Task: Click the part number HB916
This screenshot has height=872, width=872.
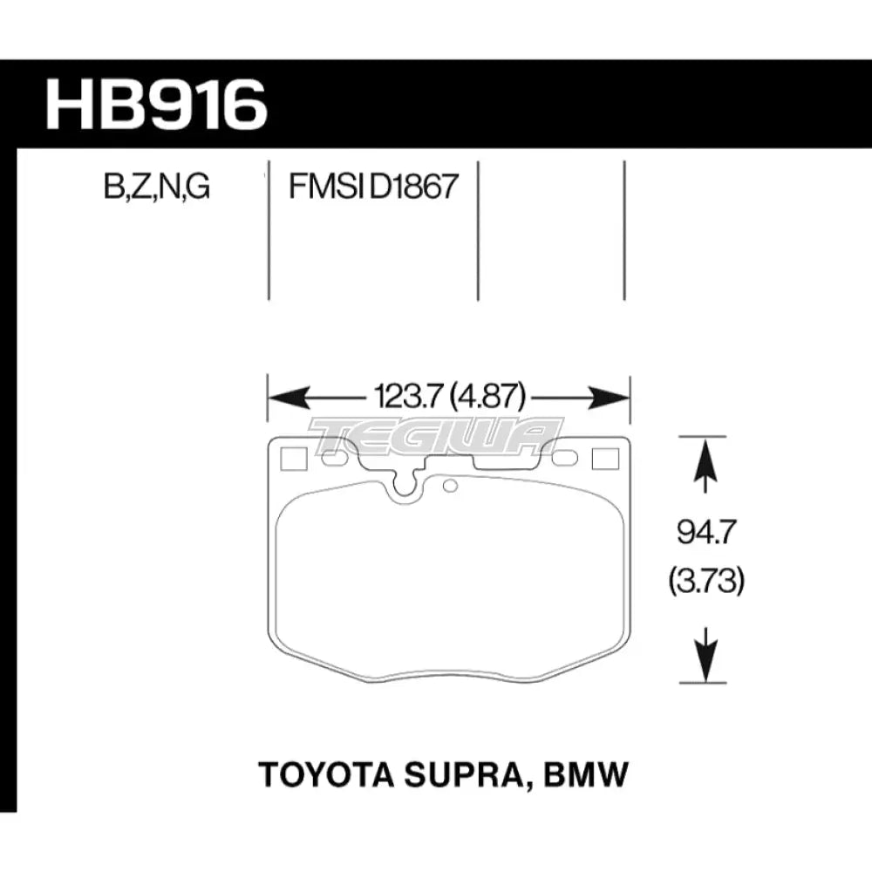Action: click(x=155, y=106)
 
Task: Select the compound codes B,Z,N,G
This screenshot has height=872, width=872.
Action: click(x=156, y=187)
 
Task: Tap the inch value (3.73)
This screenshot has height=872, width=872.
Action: click(x=706, y=582)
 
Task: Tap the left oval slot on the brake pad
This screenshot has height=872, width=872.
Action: click(x=331, y=457)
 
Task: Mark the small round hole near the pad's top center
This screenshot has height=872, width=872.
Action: click(x=450, y=486)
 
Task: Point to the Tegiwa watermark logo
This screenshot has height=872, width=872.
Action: click(x=436, y=433)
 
